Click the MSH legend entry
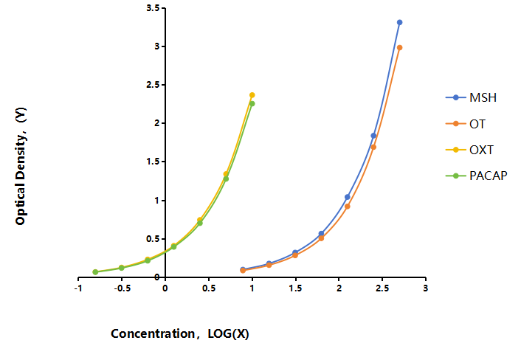tap(471, 97)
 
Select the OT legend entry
tap(466, 124)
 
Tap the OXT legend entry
tap(469, 150)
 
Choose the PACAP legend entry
tap(477, 176)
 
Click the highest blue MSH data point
tap(399, 23)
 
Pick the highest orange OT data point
tap(399, 48)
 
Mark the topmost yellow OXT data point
tap(252, 95)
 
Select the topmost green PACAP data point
tap(252, 103)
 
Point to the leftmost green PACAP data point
tap(95, 272)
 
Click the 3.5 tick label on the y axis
tap(153, 8)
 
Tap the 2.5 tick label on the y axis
tap(153, 85)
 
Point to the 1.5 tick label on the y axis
tap(153, 162)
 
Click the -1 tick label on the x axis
tap(78, 288)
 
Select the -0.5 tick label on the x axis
tap(122, 288)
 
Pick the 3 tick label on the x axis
tap(426, 288)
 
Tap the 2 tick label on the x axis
tap(339, 288)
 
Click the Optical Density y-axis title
tap(21, 166)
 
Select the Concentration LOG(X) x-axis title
tap(180, 333)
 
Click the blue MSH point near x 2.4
tap(373, 136)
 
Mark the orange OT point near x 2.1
tap(348, 207)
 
